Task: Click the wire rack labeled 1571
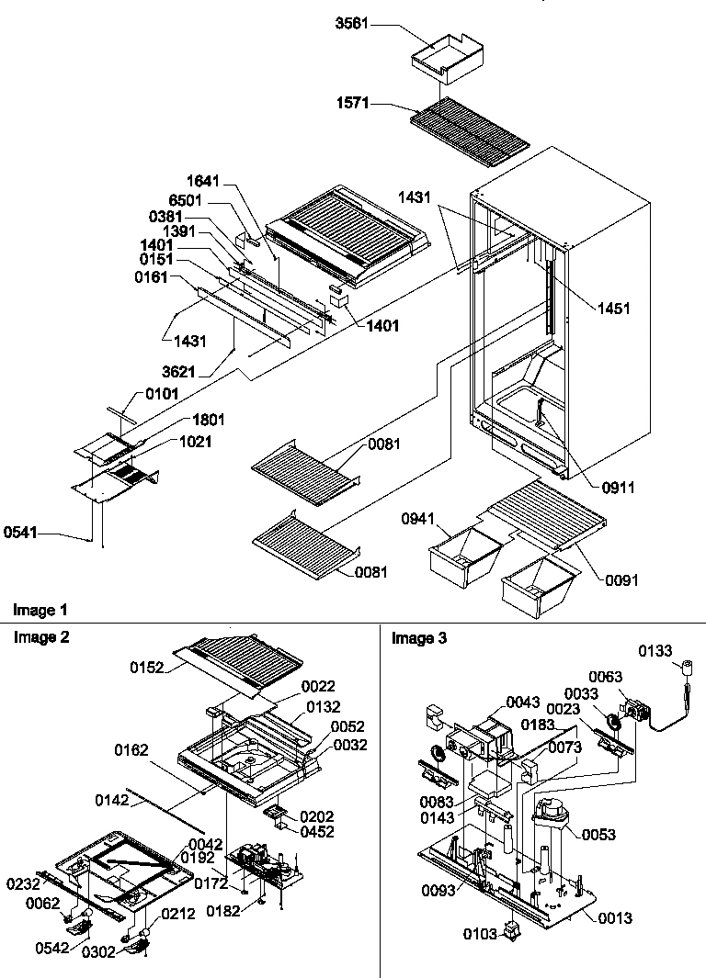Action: (472, 125)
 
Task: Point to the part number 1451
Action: (613, 309)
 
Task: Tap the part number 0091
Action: (621, 580)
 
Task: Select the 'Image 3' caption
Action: (420, 638)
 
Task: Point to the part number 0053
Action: (598, 835)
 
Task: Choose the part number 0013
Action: (614, 917)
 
